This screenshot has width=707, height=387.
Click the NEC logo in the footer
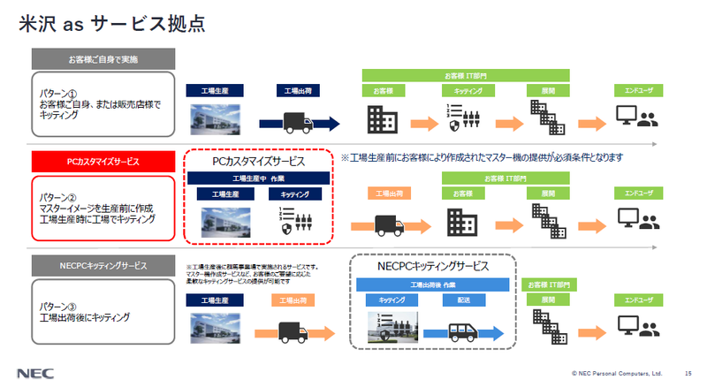pos(33,372)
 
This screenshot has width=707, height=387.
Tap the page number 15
pos(688,373)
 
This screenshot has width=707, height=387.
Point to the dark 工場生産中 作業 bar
pos(258,178)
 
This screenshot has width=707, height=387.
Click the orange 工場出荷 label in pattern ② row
pos(390,193)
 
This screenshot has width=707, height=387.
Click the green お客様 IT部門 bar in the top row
pos(465,75)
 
